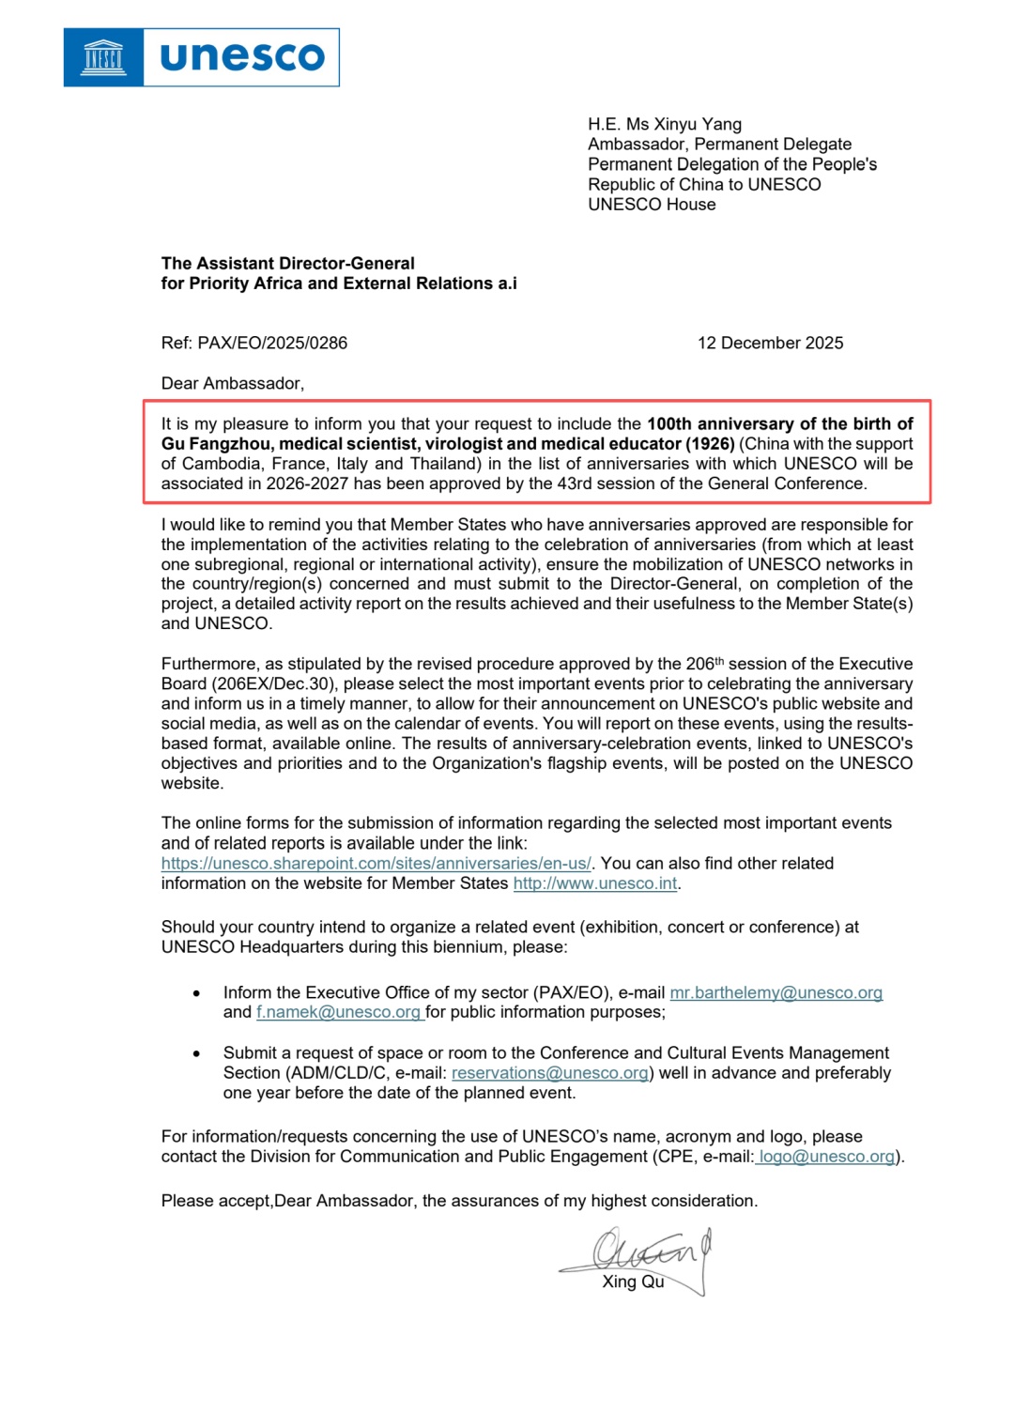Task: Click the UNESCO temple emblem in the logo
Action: pos(103,57)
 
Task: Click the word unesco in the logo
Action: pos(242,57)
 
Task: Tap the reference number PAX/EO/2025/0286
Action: pos(272,343)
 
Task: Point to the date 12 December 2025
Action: pos(770,343)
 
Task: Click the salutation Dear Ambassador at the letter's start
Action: pos(232,383)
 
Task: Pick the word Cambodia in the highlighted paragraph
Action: pos(222,463)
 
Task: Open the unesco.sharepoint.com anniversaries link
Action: pos(376,863)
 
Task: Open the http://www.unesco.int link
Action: pos(594,882)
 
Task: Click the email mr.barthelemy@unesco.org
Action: pos(776,992)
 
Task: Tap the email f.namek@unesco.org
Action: pos(338,1012)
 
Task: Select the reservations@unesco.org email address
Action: pos(550,1072)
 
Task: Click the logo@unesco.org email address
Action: pos(826,1156)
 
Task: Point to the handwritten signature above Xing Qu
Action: pos(648,1251)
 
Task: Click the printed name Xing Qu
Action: pos(633,1282)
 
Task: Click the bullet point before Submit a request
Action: pos(196,1053)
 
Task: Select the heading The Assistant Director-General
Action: pos(287,263)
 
